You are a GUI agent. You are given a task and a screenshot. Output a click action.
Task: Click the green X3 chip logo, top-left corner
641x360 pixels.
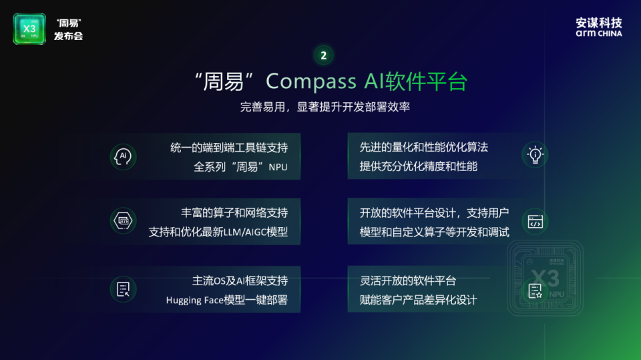click(29, 29)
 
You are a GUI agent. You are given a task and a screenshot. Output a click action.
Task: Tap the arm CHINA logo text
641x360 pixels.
click(599, 33)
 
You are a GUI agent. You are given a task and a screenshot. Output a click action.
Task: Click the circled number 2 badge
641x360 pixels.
click(324, 55)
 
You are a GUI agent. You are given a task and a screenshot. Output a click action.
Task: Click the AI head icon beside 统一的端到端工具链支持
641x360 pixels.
click(123, 156)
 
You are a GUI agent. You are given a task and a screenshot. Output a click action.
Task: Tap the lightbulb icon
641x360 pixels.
click(535, 155)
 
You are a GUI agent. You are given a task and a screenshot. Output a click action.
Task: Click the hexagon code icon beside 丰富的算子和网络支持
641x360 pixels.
click(123, 220)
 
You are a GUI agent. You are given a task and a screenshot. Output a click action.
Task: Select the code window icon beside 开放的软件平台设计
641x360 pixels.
click(535, 222)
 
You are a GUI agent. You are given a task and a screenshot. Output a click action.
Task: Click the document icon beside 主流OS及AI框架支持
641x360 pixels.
click(123, 289)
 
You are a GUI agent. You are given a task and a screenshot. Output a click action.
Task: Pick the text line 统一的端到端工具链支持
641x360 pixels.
click(229, 147)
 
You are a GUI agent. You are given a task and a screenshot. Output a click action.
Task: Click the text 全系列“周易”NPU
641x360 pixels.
click(240, 167)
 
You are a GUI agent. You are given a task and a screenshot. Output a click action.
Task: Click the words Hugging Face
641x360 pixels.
click(193, 301)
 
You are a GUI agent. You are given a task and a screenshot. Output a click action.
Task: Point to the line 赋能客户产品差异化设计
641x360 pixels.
click(419, 300)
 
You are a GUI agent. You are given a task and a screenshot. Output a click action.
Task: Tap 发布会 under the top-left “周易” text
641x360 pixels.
click(68, 36)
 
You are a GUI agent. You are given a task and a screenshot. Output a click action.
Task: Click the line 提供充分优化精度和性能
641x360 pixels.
click(419, 166)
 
